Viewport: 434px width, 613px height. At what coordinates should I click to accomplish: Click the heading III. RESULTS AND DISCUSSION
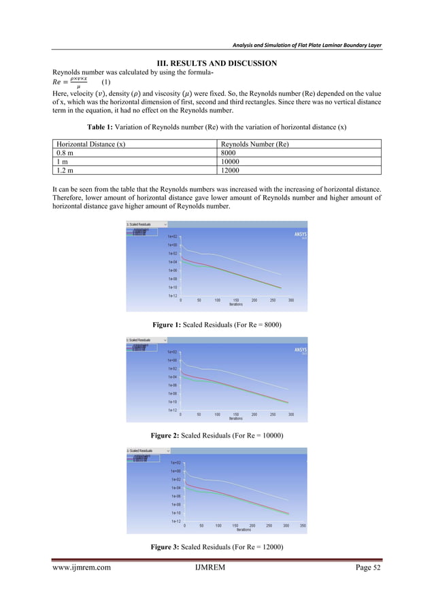point(217,63)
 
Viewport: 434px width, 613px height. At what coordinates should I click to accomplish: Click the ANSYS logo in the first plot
point(300,232)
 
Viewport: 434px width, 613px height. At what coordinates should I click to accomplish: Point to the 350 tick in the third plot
point(303,525)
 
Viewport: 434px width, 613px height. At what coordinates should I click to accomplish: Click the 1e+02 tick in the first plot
point(173,236)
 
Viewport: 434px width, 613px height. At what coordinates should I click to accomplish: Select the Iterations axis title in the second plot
point(236,419)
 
